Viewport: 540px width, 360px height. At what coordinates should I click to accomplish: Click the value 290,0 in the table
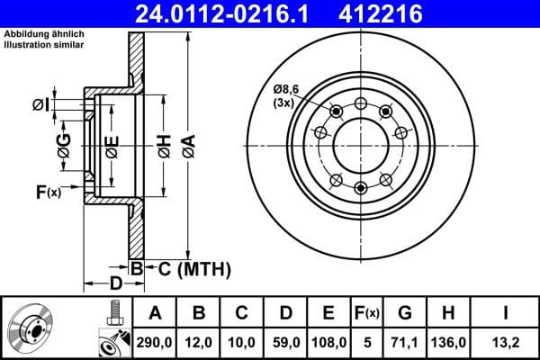click(155, 341)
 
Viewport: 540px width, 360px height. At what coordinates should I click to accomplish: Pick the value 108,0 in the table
click(329, 341)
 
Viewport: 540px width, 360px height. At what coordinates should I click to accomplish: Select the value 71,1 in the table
click(405, 341)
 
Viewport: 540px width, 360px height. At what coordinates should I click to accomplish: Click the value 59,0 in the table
click(285, 341)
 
